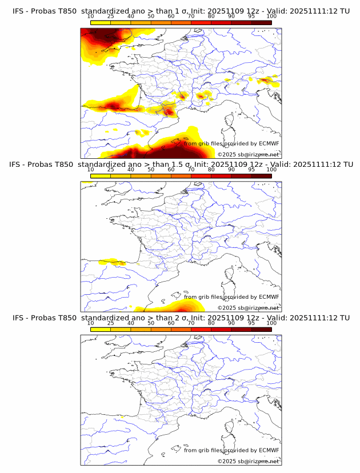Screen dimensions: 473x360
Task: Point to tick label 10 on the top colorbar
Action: click(91, 16)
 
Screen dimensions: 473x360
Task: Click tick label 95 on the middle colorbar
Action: click(251, 170)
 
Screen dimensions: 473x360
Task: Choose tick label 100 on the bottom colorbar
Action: click(271, 323)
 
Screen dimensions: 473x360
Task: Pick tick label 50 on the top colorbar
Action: click(151, 16)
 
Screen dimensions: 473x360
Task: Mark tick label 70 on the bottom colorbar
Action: click(191, 323)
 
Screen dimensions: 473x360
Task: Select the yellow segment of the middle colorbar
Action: click(101, 175)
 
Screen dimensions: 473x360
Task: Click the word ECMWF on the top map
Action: click(269, 144)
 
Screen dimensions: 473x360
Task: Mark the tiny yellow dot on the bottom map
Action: click(122, 417)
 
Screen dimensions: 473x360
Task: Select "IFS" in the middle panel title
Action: click(18, 165)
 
